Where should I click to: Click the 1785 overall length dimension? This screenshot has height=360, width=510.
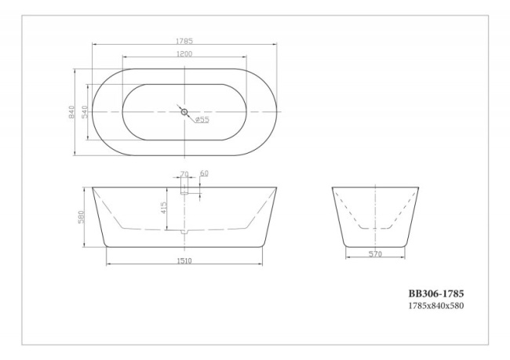coord(185,40)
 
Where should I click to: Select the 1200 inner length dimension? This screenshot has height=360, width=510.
coord(185,53)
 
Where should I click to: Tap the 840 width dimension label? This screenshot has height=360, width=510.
coord(71,112)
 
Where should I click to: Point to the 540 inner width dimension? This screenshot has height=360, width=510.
coord(85,112)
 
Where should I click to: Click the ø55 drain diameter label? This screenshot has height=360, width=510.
coord(202,120)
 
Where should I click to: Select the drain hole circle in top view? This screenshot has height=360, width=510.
coord(185,112)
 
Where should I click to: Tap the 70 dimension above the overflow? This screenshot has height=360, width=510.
coord(185,173)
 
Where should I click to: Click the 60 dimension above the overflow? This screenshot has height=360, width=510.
coord(204,173)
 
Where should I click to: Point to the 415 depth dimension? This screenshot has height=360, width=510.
coord(164,209)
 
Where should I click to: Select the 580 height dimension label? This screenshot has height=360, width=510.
coord(81,216)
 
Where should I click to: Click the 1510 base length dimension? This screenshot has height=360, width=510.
coord(185,260)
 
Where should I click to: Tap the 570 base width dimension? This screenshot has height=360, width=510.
coord(375,254)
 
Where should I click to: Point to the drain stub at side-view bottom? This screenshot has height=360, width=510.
coord(185,231)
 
